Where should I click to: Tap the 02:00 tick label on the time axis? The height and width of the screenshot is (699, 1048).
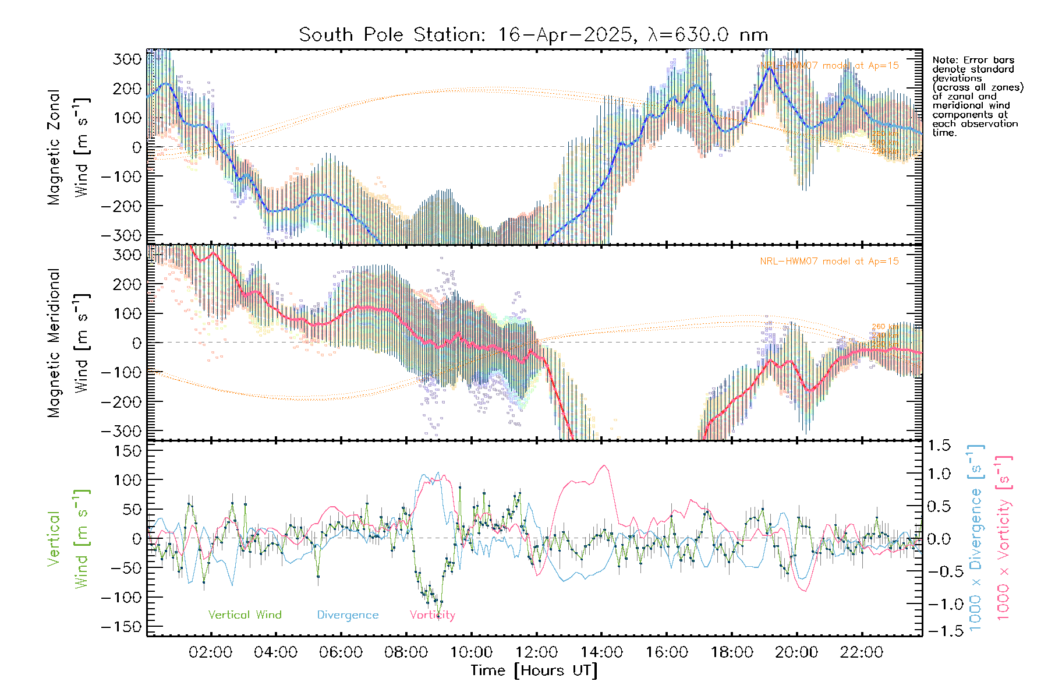click(x=210, y=652)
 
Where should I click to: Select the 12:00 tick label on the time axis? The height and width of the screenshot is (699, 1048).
click(x=536, y=652)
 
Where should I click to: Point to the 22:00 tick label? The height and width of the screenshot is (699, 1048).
click(x=862, y=652)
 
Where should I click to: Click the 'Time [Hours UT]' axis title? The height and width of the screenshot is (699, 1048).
click(x=534, y=670)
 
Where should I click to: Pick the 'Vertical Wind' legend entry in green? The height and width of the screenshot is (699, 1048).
click(x=245, y=615)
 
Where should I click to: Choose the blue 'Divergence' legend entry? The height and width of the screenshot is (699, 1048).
click(x=348, y=615)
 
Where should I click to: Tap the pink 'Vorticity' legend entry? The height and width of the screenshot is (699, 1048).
click(x=432, y=615)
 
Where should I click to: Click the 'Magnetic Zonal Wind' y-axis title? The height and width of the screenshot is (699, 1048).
click(x=68, y=147)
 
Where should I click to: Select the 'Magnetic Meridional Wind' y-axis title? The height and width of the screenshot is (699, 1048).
click(x=68, y=343)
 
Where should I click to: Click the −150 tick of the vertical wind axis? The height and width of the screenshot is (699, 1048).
click(x=122, y=627)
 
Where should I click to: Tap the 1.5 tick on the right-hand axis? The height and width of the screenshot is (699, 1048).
click(x=939, y=446)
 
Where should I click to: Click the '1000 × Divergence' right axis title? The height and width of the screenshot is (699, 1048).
click(x=976, y=537)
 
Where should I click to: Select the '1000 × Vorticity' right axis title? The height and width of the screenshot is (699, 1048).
click(x=1004, y=537)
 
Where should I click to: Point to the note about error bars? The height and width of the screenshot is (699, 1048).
click(x=977, y=96)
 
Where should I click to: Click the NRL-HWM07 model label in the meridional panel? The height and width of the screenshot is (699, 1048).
click(x=829, y=261)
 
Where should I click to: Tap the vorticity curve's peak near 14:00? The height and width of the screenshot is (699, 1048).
click(x=604, y=465)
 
